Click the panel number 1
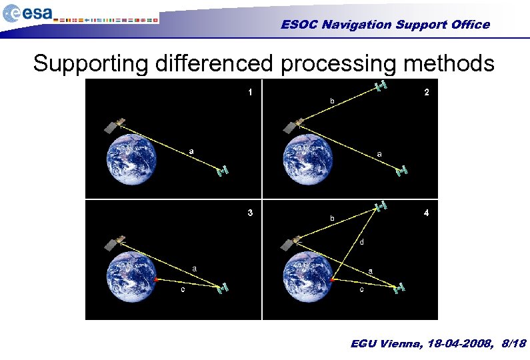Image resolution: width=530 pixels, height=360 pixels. click(250, 93)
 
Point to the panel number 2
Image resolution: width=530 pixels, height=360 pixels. click(427, 93)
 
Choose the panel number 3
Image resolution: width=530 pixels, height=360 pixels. click(250, 213)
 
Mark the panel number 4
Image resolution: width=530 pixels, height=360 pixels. click(427, 213)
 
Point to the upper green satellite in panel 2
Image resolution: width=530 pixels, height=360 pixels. click(381, 86)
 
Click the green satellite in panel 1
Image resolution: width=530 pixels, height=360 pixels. click(223, 171)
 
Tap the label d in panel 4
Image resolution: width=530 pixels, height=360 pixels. click(361, 241)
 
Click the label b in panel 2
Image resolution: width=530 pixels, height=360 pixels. click(331, 101)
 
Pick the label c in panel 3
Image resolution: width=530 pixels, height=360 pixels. click(183, 290)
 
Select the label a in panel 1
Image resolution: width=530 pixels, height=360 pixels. click(191, 151)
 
